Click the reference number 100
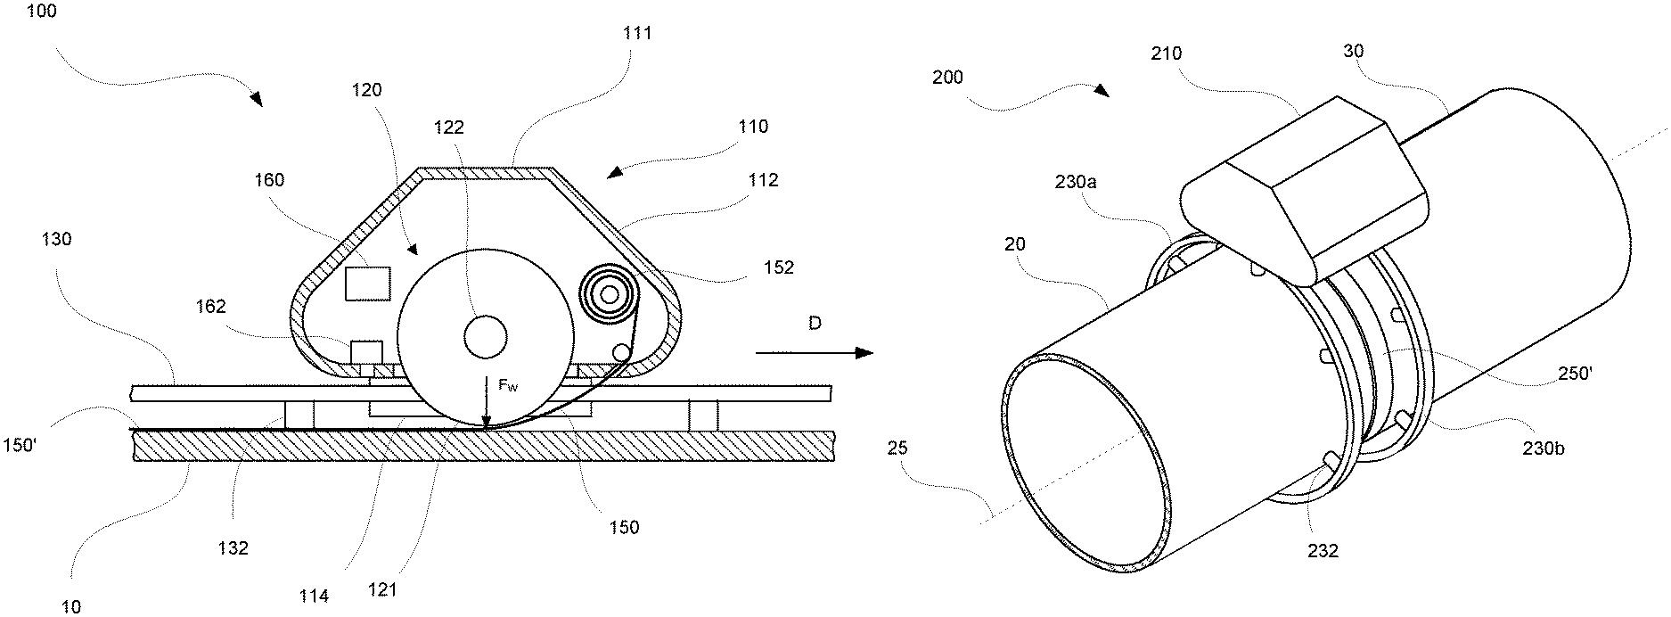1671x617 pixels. pyautogui.click(x=41, y=13)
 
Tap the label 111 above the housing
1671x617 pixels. pyautogui.click(x=637, y=33)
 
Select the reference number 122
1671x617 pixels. pyautogui.click(x=449, y=128)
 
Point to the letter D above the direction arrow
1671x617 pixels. pyautogui.click(x=814, y=324)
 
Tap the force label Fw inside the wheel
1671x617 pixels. pyautogui.click(x=507, y=386)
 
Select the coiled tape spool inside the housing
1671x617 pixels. pyautogui.click(x=610, y=292)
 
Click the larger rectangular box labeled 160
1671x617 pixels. pyautogui.click(x=367, y=284)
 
